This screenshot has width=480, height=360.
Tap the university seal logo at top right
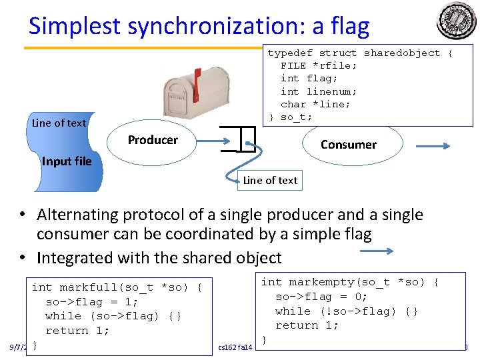tap(457, 20)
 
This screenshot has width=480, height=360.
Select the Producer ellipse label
tap(153, 140)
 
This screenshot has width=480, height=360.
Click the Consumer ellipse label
tap(348, 145)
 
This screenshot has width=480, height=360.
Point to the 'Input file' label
tap(67, 161)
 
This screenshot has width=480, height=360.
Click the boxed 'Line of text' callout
tap(270, 181)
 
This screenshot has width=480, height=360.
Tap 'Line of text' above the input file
tap(59, 123)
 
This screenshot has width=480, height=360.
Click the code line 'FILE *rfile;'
tap(319, 65)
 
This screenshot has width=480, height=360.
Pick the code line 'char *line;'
tap(315, 104)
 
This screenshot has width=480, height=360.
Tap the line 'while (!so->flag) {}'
tap(347, 311)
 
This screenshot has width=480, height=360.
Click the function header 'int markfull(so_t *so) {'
tap(117, 287)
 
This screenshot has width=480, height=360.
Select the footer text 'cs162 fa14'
tap(235, 347)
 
